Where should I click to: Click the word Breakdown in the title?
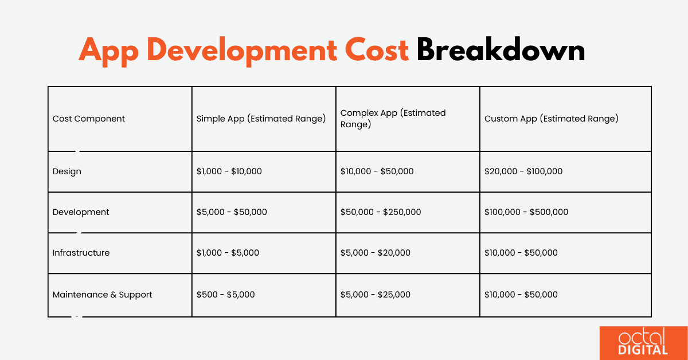(501, 51)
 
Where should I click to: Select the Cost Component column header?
(89, 119)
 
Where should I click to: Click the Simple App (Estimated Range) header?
(261, 119)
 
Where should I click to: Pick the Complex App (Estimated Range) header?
(393, 119)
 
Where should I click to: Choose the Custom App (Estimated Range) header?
(551, 119)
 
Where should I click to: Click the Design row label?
(67, 171)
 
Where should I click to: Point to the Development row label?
(81, 212)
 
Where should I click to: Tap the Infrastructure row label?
(81, 253)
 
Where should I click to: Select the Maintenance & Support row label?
(103, 295)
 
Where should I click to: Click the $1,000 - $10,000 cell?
(229, 171)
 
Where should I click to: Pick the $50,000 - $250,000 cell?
(381, 212)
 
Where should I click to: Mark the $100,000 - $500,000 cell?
(526, 212)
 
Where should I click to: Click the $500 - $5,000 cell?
(226, 295)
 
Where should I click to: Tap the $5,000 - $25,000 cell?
(376, 295)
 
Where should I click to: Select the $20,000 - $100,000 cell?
(523, 171)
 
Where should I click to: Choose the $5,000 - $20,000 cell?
(376, 253)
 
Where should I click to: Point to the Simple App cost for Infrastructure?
(228, 253)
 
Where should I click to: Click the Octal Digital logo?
(643, 343)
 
